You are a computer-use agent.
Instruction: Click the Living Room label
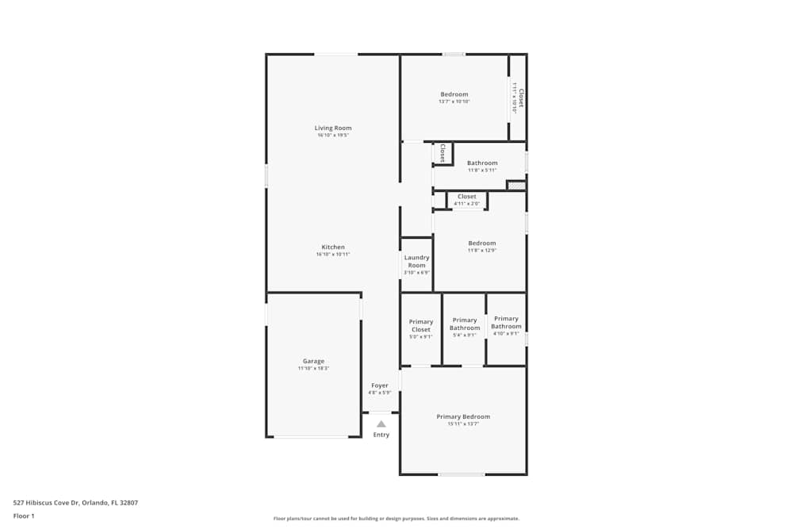click(333, 128)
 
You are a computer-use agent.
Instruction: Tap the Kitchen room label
click(333, 247)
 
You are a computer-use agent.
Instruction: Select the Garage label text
click(313, 361)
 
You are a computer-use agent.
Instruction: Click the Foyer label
click(380, 385)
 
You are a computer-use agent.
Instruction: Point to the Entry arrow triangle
click(381, 424)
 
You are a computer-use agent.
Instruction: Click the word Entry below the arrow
click(381, 435)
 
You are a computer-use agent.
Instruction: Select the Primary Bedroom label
click(463, 416)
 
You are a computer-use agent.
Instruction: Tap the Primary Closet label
click(421, 325)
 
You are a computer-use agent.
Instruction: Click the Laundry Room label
click(416, 261)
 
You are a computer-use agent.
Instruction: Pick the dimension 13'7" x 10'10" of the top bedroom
click(454, 102)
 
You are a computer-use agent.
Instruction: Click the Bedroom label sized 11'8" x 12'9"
click(482, 243)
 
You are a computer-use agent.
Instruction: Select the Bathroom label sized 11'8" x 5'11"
click(482, 163)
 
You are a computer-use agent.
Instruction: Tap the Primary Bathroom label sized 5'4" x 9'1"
click(465, 324)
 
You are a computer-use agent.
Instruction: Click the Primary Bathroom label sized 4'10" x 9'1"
click(506, 322)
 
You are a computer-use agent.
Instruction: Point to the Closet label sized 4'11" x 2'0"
click(467, 197)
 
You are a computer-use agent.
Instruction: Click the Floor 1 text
click(24, 516)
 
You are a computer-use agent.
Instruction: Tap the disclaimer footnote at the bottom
click(396, 519)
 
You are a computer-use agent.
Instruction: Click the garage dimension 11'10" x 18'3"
click(313, 368)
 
